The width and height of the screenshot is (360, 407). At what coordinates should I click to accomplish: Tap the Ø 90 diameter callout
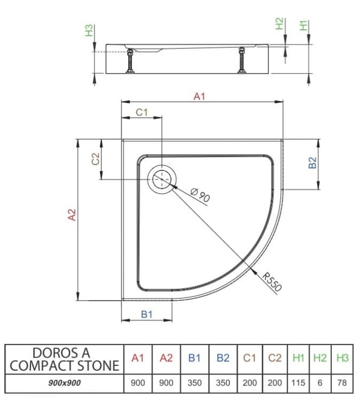click(x=200, y=194)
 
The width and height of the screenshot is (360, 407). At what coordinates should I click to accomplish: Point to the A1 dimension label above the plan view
click(x=199, y=97)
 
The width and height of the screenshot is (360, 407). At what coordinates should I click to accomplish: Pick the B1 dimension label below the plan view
click(x=147, y=314)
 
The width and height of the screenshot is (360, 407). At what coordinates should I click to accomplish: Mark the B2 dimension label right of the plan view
click(x=312, y=163)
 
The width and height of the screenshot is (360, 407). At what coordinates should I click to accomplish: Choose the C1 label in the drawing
click(x=142, y=112)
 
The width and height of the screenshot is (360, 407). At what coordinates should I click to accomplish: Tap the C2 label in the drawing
click(x=95, y=159)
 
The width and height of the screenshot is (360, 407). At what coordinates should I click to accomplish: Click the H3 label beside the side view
click(x=89, y=30)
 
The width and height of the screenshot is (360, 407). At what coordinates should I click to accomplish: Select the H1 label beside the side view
click(x=304, y=24)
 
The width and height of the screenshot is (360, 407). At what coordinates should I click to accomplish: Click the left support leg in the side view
click(x=130, y=61)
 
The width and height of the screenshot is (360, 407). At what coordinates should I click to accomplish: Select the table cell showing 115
click(x=298, y=383)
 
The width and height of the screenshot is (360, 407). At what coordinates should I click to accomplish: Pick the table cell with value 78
click(x=342, y=383)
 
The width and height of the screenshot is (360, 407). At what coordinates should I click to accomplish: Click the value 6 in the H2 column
click(x=320, y=383)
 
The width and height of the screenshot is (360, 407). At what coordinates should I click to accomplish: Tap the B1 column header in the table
click(x=194, y=358)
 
